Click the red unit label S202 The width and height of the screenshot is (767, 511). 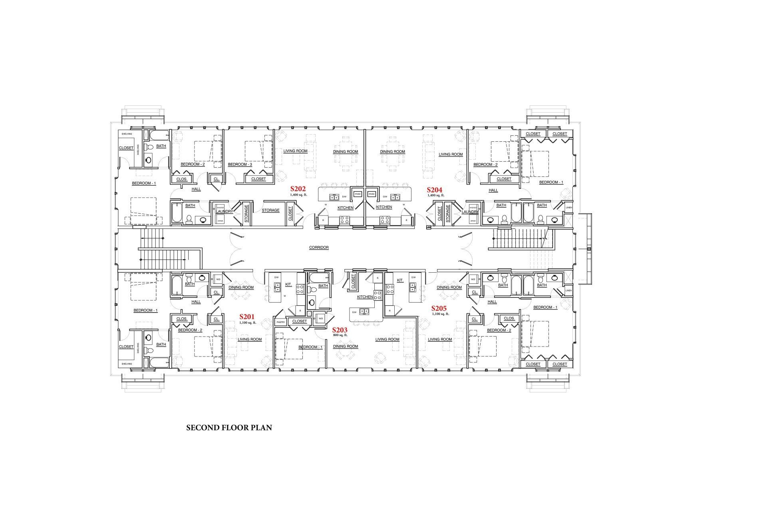[x=298, y=189]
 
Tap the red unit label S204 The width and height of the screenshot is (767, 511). [x=435, y=190]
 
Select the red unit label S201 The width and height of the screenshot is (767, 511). [x=247, y=317]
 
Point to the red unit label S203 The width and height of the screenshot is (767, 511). [x=340, y=330]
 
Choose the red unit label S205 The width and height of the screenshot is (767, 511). [x=439, y=309]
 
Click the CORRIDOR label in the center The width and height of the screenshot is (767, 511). [x=319, y=248]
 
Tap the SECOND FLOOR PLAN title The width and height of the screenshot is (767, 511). [x=229, y=428]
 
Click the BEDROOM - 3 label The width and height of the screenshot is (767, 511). [x=240, y=164]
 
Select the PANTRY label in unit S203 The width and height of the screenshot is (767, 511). [x=280, y=322]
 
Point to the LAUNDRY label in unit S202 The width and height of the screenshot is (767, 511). [x=225, y=212]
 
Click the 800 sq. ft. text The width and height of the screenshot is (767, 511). [x=340, y=335]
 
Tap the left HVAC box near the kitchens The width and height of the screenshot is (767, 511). [x=358, y=194]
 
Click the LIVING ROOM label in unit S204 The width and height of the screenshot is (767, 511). [x=450, y=154]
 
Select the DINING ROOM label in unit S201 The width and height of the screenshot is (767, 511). [x=241, y=287]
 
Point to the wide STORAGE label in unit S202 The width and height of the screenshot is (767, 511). [x=270, y=210]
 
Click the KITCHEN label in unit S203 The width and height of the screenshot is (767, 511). [x=365, y=297]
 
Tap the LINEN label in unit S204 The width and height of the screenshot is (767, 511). [x=569, y=207]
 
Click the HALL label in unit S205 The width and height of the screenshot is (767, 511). [x=492, y=302]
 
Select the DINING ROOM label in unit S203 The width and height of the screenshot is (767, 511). [x=345, y=347]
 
